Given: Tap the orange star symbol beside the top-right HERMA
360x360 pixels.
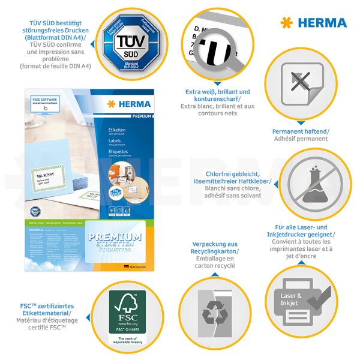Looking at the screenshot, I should (x=287, y=23).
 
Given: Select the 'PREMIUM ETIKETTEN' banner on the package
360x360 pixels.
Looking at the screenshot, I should (x=115, y=237).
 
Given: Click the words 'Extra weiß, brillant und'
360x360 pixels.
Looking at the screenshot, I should (x=217, y=91).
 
